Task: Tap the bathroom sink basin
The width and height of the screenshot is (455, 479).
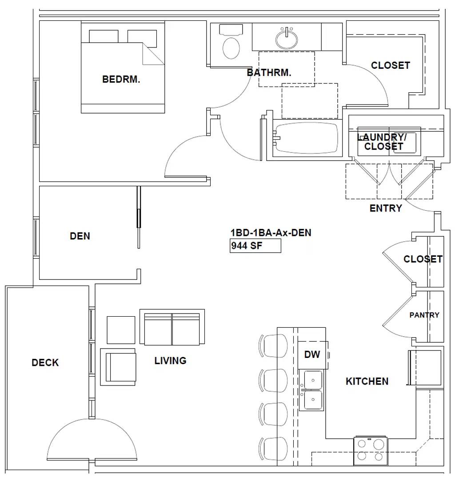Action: click(x=287, y=39)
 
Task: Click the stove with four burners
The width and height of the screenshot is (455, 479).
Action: click(x=371, y=451)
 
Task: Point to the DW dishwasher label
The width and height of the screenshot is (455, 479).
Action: click(x=312, y=354)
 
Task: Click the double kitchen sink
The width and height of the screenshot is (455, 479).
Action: click(x=311, y=390)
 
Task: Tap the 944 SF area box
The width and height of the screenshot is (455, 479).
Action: click(x=255, y=246)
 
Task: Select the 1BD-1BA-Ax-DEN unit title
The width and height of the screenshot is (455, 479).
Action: click(x=271, y=233)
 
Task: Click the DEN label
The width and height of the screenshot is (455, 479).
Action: click(x=80, y=236)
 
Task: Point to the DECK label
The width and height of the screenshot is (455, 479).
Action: click(x=45, y=363)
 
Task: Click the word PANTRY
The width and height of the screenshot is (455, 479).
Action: click(x=424, y=315)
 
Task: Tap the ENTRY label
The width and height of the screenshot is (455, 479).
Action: click(x=386, y=208)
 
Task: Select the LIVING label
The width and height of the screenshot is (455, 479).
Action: click(x=170, y=361)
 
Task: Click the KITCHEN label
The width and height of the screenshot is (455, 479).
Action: click(x=367, y=381)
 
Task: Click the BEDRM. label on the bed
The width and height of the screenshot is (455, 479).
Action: click(x=121, y=79)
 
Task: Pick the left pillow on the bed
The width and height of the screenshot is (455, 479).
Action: click(x=104, y=36)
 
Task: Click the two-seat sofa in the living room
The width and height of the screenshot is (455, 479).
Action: click(x=172, y=327)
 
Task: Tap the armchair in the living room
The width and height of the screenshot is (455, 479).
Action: click(x=118, y=367)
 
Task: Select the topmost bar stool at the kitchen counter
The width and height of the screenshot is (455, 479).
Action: click(x=273, y=346)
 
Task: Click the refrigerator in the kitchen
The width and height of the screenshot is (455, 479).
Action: click(x=425, y=368)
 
